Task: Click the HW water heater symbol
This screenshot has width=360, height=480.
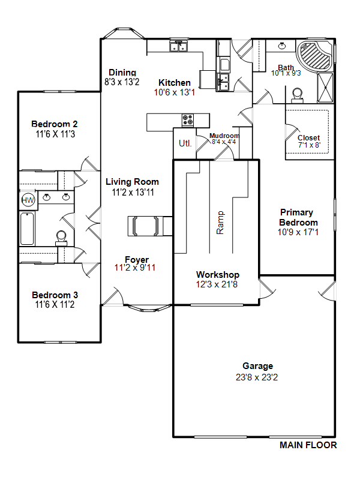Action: pyautogui.click(x=28, y=200)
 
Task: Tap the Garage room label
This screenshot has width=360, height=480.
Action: pyautogui.click(x=258, y=366)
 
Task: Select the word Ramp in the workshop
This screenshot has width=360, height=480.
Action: pyautogui.click(x=220, y=223)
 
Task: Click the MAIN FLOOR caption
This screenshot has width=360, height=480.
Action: pyautogui.click(x=308, y=445)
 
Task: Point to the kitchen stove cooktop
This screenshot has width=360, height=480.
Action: pyautogui.click(x=188, y=121)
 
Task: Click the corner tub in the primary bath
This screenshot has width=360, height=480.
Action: pyautogui.click(x=314, y=55)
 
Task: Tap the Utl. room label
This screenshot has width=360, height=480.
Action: pyautogui.click(x=185, y=143)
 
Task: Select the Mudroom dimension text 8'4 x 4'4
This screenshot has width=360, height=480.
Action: pyautogui.click(x=224, y=142)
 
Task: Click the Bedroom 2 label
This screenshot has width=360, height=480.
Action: pyautogui.click(x=55, y=124)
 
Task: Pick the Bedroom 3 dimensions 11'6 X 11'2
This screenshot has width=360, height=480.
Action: pyautogui.click(x=55, y=305)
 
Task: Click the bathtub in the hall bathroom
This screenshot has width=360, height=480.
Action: pyautogui.click(x=27, y=229)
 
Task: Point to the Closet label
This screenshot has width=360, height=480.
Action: pyautogui.click(x=308, y=138)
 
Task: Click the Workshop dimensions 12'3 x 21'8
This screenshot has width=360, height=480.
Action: pyautogui.click(x=217, y=284)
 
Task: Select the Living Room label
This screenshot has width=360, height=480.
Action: pyautogui.click(x=132, y=182)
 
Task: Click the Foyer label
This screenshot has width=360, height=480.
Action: pyautogui.click(x=137, y=260)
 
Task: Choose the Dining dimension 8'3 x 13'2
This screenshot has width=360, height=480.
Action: pyautogui.click(x=122, y=82)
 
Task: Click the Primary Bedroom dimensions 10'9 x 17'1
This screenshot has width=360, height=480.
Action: pyautogui.click(x=298, y=232)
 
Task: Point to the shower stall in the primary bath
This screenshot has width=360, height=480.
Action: pyautogui.click(x=325, y=88)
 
